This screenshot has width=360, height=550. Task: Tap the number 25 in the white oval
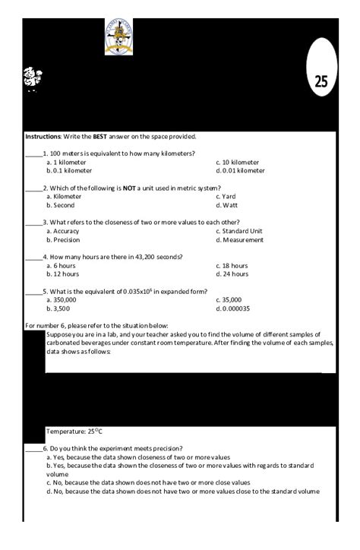pos(321,82)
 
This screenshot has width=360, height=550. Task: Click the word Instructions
pos(42,137)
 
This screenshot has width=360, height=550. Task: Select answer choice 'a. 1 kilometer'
pos(66,162)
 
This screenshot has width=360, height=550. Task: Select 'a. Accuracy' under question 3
pos(63,231)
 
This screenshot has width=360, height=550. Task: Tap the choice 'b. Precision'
pos(63,240)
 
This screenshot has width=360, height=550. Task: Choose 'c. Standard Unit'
pos(238,231)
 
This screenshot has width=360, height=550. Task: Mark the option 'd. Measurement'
pos(239,240)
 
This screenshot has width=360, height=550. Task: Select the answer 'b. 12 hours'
pos(63,274)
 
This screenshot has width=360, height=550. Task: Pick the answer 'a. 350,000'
pos(62,300)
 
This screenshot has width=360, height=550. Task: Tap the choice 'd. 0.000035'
pos(233,309)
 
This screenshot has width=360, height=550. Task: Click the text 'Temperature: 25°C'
pos(75,431)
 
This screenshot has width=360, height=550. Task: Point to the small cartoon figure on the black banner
pos(32,77)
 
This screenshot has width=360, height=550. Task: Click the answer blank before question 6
pos(33,449)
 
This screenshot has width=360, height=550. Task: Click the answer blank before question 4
pos(33,258)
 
